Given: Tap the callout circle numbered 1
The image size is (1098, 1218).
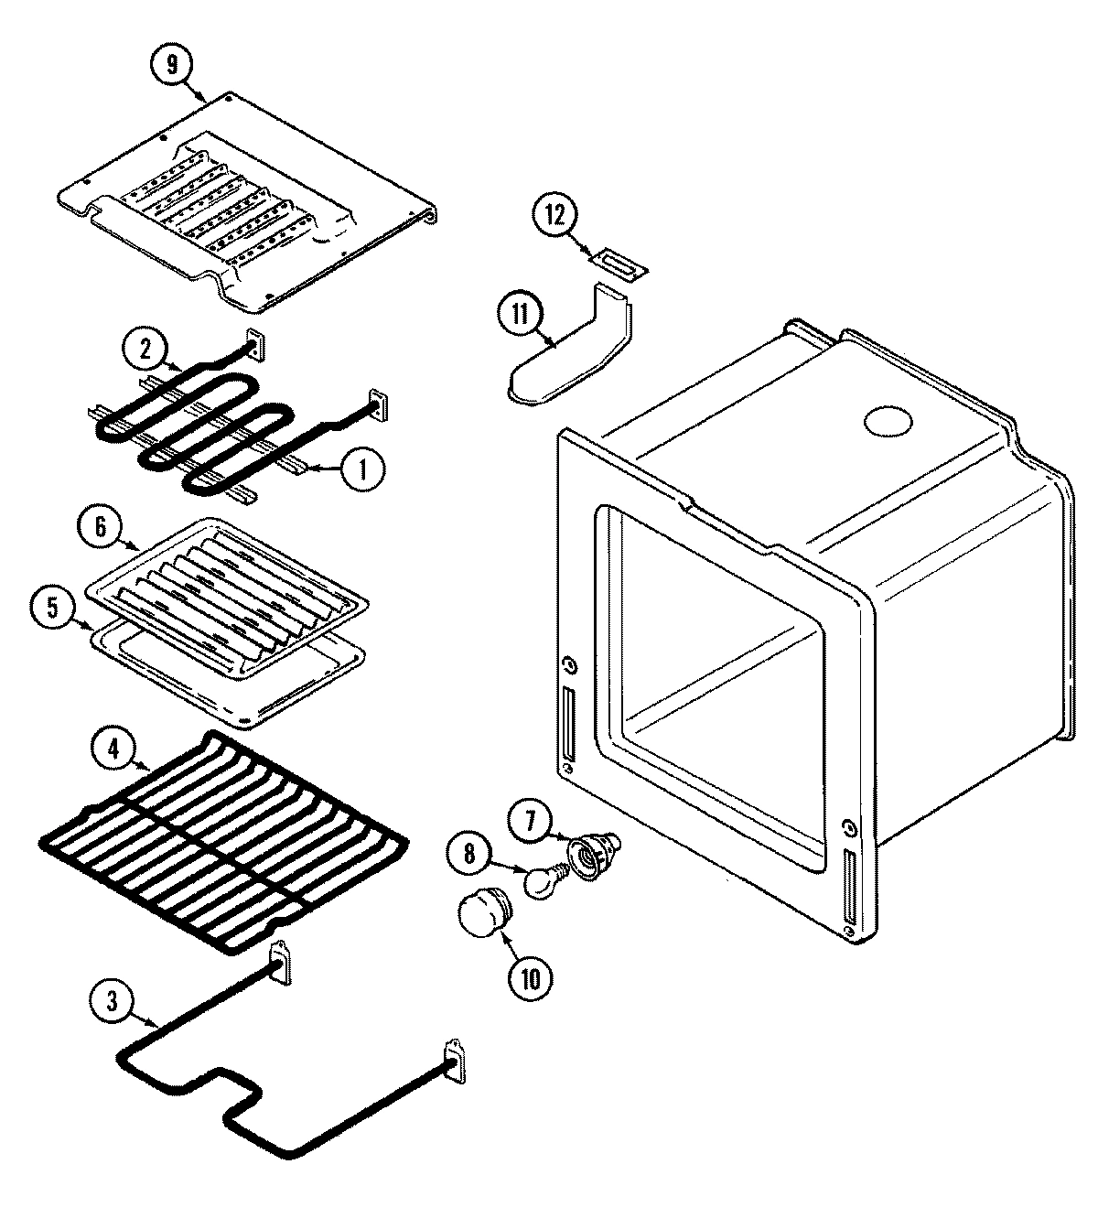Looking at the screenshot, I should tap(362, 469).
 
